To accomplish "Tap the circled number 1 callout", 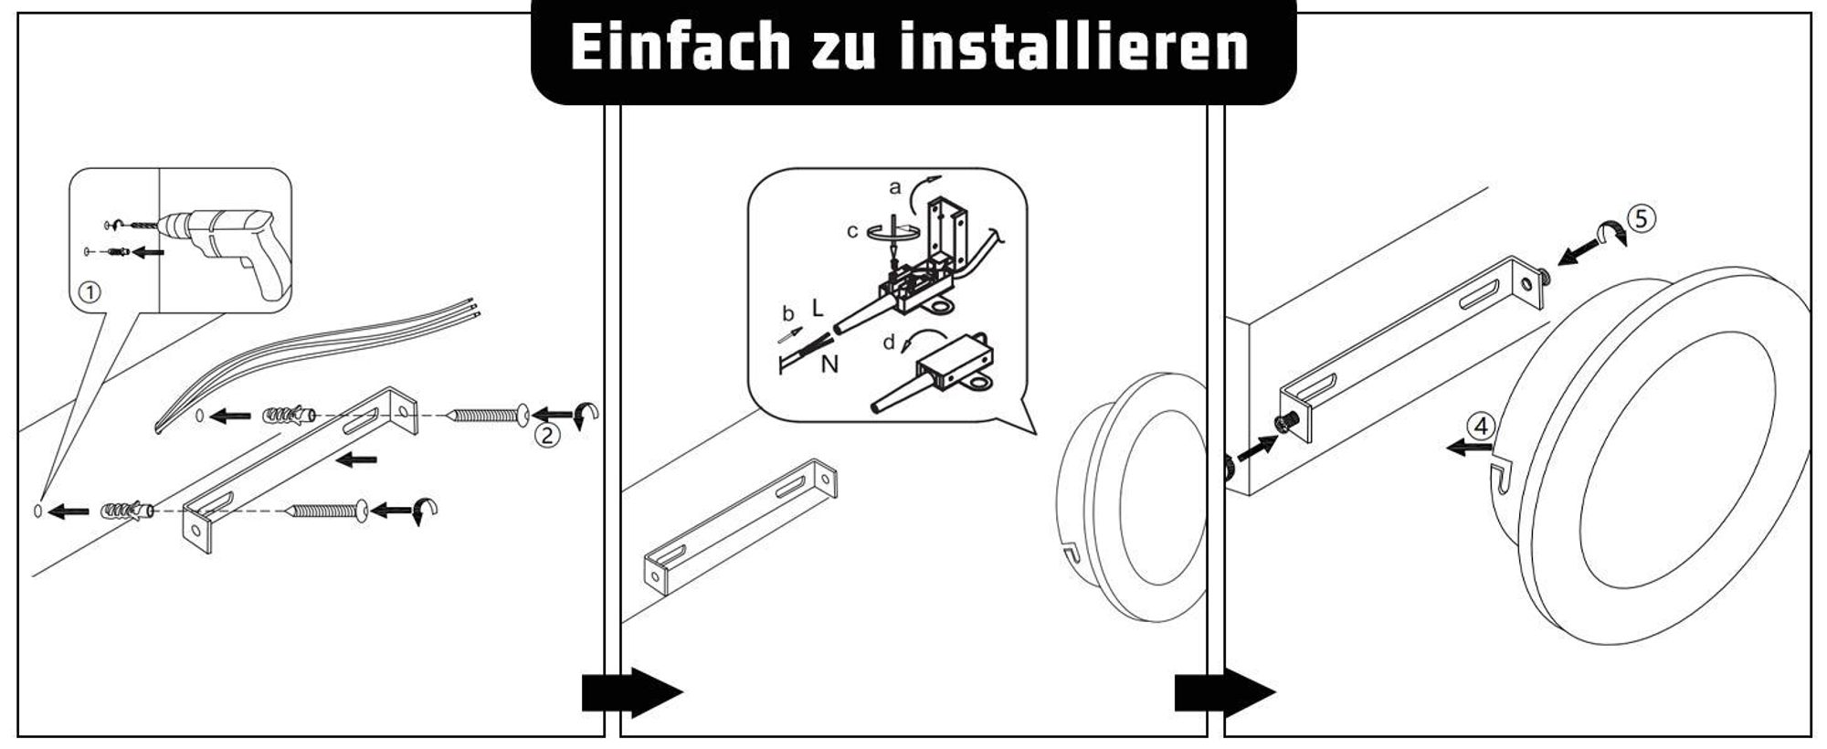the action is coord(90,292).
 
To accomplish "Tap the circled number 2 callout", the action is coord(546,435).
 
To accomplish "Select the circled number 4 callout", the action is coord(1481,426).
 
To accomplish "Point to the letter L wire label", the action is coord(817,309).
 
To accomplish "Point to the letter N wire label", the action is coord(829,364).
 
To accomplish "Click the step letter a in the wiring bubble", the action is coord(895,188).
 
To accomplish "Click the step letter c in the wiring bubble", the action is coord(852,232).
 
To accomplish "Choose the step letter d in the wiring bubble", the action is coord(889,343).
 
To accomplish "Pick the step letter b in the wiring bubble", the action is coord(787,314).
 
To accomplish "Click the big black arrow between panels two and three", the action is coord(1224,692).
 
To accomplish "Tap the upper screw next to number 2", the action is coord(487,415).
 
